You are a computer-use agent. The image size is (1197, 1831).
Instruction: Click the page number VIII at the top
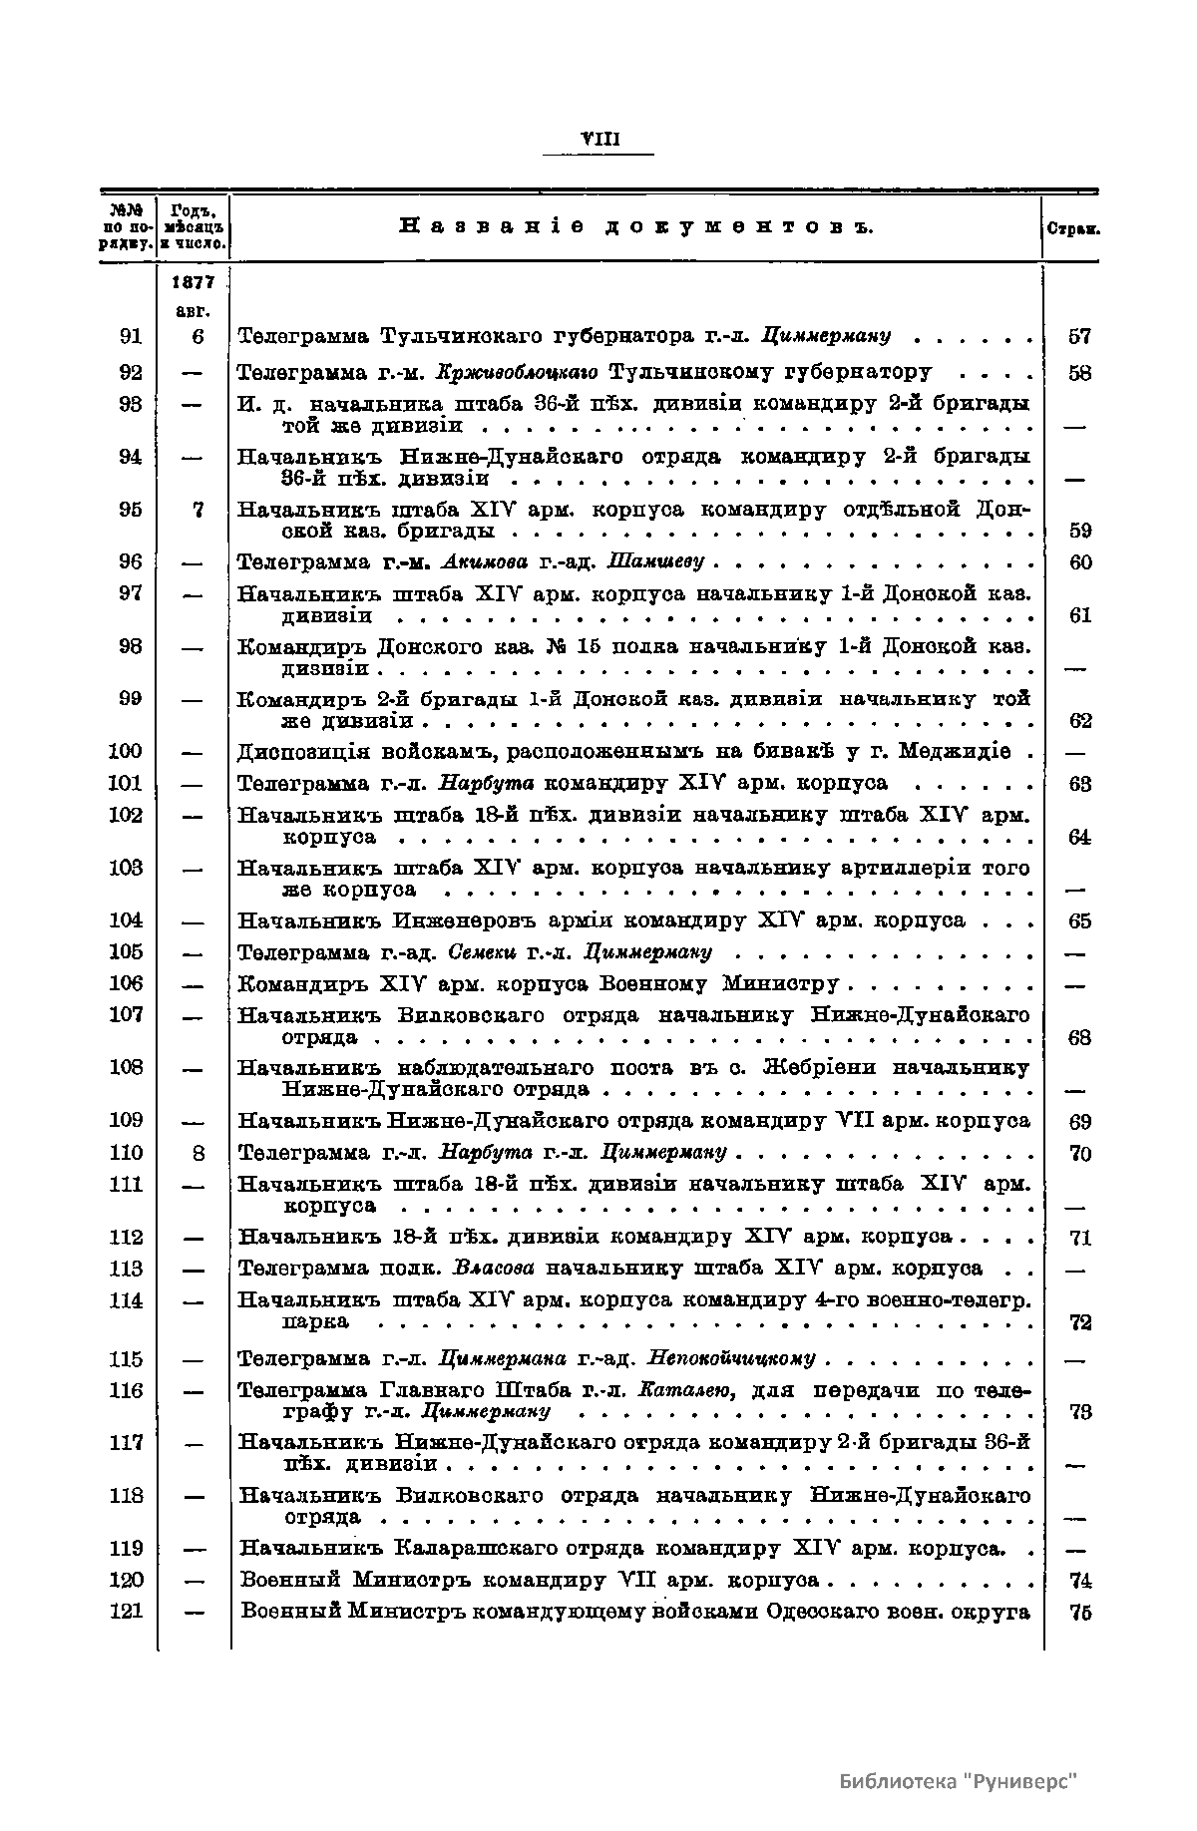click(x=598, y=140)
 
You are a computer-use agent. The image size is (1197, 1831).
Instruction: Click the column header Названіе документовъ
click(x=636, y=227)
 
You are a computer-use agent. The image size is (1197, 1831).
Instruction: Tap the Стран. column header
click(x=1072, y=228)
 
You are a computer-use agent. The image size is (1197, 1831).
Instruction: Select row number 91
click(x=131, y=337)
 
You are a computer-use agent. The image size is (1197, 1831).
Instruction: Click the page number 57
click(x=1079, y=337)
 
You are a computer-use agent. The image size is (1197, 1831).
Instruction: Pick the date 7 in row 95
click(x=198, y=510)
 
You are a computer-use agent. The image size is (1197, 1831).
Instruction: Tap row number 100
click(x=126, y=751)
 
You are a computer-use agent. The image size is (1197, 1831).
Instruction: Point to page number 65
click(x=1079, y=920)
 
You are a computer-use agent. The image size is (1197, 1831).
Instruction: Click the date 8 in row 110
click(x=198, y=1153)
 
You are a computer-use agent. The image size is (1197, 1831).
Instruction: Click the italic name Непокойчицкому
click(x=731, y=1359)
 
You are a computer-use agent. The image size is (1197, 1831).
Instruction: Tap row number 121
click(x=126, y=1612)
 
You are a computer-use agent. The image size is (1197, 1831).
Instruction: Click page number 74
click(x=1079, y=1581)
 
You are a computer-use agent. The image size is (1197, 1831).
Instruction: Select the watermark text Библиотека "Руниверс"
click(x=960, y=1782)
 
